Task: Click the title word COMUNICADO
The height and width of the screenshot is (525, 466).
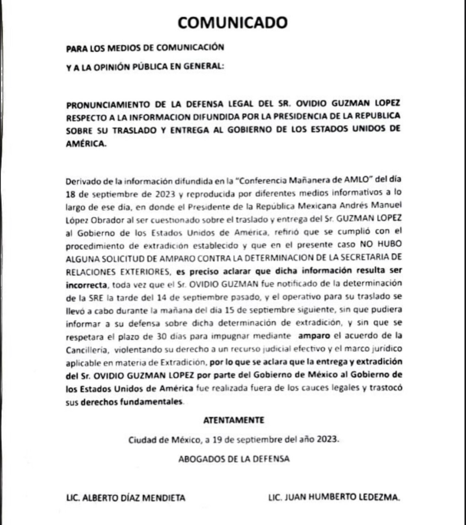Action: point(233,23)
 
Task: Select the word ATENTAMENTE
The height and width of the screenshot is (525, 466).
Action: point(233,420)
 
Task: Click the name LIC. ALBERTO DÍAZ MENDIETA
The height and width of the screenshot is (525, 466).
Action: point(125,497)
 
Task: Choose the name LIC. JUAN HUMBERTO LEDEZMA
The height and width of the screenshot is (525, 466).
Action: point(334,497)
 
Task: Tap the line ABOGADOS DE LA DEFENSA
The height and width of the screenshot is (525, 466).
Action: point(233,459)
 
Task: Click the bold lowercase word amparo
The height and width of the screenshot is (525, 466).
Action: point(314,335)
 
